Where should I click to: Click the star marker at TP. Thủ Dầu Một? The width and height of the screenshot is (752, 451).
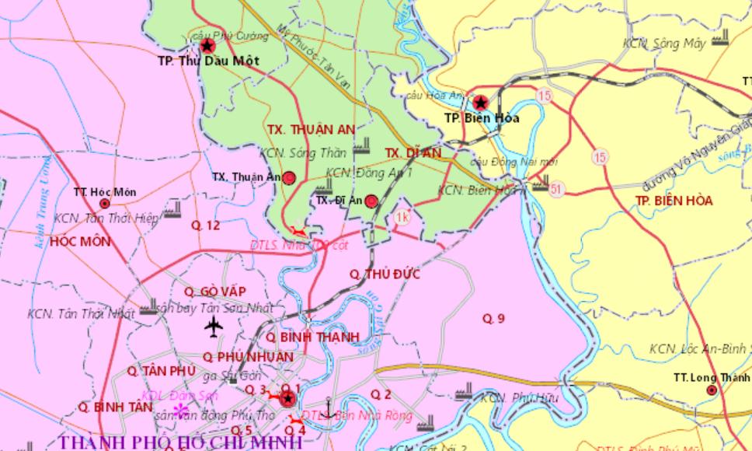click(207, 46)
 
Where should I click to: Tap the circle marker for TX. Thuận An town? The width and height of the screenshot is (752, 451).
click(289, 178)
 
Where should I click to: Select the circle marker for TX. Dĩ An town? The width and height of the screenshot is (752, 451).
click(371, 201)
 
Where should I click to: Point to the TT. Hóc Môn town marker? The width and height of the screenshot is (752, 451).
click(105, 204)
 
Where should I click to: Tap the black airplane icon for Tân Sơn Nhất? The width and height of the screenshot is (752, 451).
click(213, 327)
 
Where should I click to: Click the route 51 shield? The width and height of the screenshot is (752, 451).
click(555, 189)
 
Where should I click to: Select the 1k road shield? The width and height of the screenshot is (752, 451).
click(402, 217)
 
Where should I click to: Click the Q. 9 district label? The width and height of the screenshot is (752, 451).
click(493, 318)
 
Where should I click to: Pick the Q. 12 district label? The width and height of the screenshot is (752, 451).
click(206, 226)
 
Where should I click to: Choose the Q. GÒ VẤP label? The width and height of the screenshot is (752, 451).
click(215, 291)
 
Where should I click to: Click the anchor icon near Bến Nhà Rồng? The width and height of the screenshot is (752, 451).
click(329, 407)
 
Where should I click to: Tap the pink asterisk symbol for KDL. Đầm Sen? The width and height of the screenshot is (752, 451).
click(180, 410)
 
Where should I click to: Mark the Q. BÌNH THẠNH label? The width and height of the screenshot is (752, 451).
click(312, 337)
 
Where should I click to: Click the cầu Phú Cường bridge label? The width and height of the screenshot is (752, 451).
click(230, 36)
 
